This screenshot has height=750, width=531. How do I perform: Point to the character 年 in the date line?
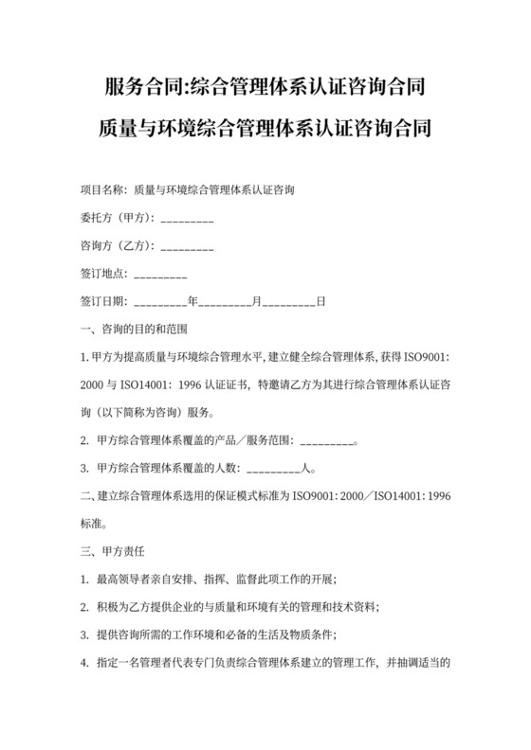pyautogui.click(x=192, y=302)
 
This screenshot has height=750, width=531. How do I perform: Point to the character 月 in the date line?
pyautogui.click(x=256, y=302)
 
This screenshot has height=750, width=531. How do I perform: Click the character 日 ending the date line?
pyautogui.click(x=320, y=302)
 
